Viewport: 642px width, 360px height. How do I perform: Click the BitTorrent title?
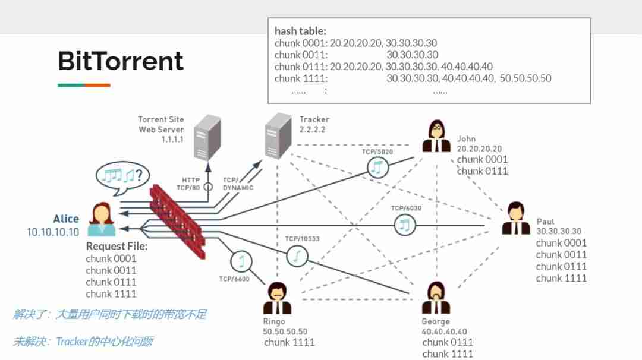click(x=121, y=61)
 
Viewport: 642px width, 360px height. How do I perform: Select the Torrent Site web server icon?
click(x=207, y=137)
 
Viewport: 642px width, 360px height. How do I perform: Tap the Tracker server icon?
click(x=278, y=136)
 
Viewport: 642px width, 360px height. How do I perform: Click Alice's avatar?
click(x=102, y=219)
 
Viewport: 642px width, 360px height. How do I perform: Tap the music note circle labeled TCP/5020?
click(x=377, y=168)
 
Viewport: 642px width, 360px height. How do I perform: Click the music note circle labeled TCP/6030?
click(x=405, y=225)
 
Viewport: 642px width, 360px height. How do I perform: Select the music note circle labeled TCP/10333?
click(x=297, y=256)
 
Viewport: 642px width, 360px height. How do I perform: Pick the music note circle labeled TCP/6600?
click(x=241, y=261)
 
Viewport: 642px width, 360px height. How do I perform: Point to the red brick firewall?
click(x=178, y=221)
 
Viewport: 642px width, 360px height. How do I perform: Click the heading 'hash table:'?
click(x=300, y=31)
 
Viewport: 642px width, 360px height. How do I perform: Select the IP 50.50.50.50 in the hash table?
click(x=525, y=78)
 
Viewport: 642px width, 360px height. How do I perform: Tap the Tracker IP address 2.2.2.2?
click(x=312, y=130)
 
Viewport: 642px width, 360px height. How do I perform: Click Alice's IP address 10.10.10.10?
click(x=53, y=232)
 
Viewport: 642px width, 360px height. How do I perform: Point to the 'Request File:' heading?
click(x=117, y=247)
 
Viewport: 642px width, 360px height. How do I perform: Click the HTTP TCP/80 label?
click(x=188, y=184)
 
